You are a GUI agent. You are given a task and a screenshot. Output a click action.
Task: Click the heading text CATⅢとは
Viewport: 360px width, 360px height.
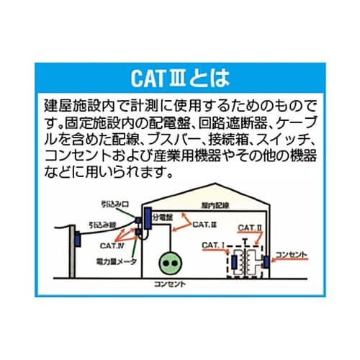coord(180,76)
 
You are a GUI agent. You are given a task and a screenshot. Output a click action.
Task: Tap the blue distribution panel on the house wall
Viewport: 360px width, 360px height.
coord(148,218)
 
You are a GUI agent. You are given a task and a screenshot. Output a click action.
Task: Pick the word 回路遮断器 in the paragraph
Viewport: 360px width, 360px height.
coord(231,117)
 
